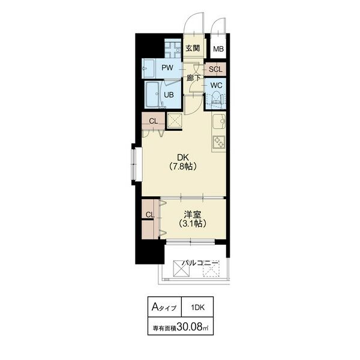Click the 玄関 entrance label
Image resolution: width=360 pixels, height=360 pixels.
(x=193, y=48)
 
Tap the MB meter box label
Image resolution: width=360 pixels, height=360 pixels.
(x=218, y=49)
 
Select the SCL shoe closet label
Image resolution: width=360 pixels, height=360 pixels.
(x=215, y=70)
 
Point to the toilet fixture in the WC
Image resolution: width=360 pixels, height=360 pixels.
(x=217, y=100)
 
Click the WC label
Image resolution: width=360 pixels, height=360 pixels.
(x=216, y=85)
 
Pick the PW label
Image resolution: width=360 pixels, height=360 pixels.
(x=167, y=68)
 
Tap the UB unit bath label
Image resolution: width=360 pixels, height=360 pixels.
(x=169, y=95)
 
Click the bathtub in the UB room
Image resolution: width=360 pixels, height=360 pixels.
(x=152, y=95)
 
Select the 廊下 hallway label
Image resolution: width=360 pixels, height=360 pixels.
(x=193, y=78)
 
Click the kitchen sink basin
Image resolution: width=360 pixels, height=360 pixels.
(x=218, y=121)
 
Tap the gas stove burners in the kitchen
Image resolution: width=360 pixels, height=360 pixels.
(x=218, y=142)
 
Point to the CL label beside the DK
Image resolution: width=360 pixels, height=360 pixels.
(x=154, y=121)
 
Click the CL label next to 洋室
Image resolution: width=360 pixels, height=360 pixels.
(x=150, y=215)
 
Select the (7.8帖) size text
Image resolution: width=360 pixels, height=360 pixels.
(x=183, y=166)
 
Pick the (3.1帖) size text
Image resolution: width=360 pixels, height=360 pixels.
(x=193, y=223)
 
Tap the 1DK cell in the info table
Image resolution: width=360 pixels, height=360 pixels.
(x=197, y=307)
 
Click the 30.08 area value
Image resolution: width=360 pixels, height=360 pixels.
(x=190, y=326)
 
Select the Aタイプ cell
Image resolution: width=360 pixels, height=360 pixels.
(x=164, y=307)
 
